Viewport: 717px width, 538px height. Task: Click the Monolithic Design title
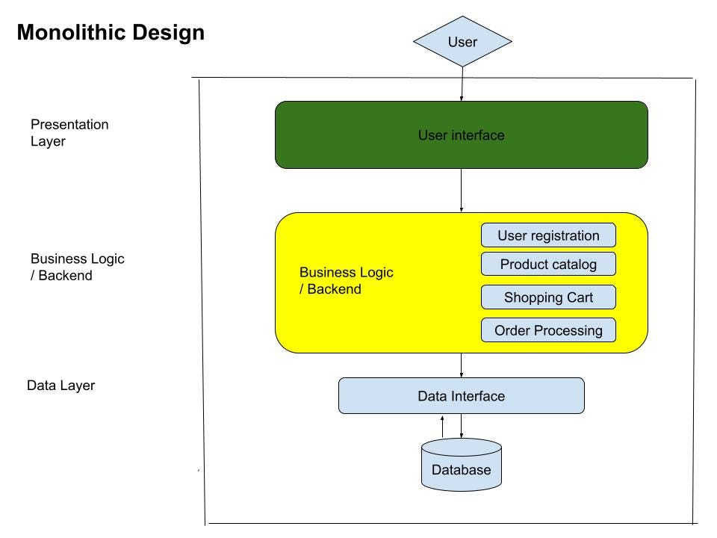point(111,33)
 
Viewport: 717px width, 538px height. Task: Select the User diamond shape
point(462,42)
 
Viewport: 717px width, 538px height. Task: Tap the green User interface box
point(462,135)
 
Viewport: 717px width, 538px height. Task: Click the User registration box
point(548,235)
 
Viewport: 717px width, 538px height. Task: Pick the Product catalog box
point(548,264)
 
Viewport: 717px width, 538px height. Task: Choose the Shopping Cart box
point(548,297)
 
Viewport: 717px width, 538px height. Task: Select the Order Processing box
point(548,330)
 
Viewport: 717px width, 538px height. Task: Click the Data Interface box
point(462,396)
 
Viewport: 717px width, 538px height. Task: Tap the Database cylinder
point(462,465)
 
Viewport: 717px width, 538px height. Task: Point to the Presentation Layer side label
point(69,133)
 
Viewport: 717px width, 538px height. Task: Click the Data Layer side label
point(60,386)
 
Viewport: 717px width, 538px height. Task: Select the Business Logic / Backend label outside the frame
point(77,268)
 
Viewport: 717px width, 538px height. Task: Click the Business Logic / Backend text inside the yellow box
point(346,280)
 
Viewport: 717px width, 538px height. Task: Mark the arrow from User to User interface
point(462,84)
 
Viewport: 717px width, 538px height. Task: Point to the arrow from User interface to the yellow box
point(462,191)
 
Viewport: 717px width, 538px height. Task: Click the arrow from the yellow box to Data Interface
point(462,365)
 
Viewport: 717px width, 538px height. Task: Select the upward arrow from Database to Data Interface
point(442,427)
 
